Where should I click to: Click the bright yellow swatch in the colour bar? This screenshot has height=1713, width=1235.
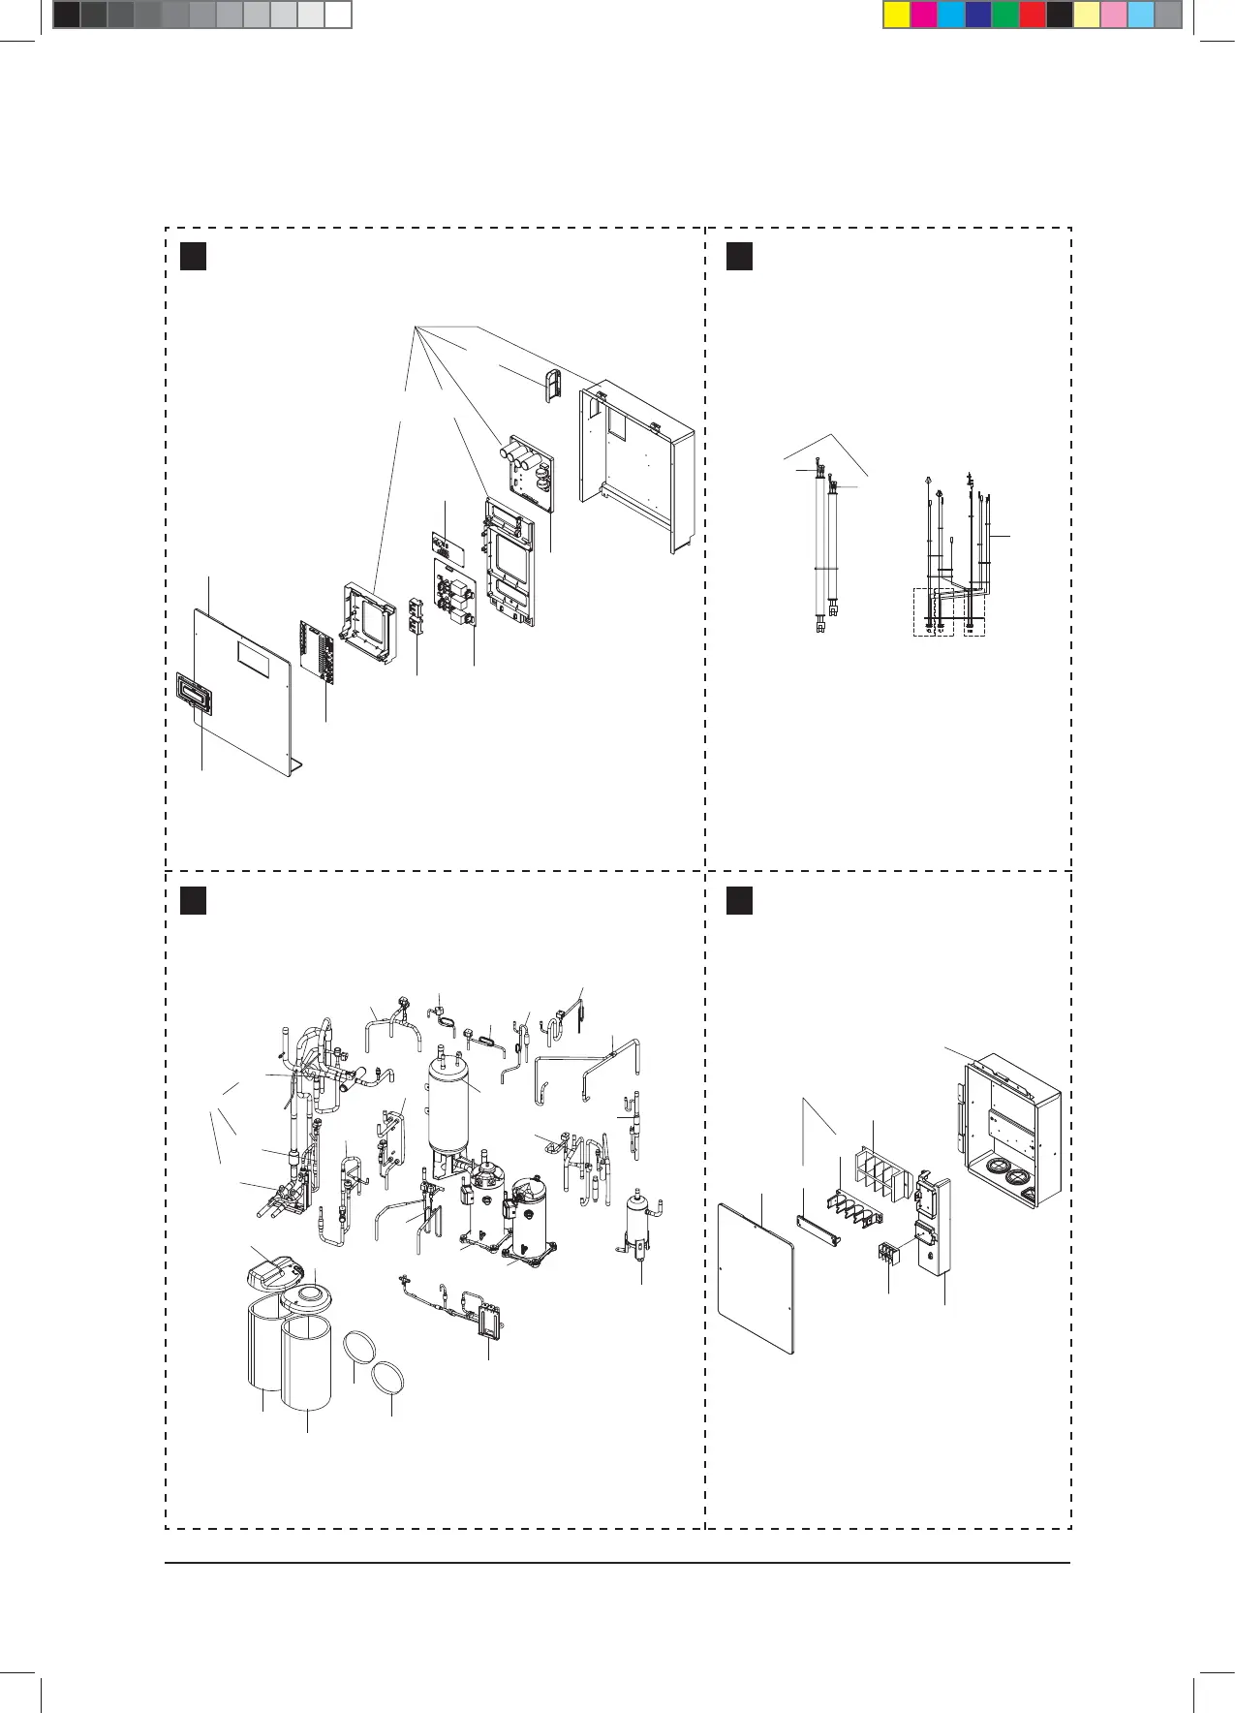[x=896, y=15]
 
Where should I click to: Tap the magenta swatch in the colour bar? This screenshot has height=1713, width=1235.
[x=923, y=15]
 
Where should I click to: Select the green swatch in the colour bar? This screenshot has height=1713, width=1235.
[x=1004, y=15]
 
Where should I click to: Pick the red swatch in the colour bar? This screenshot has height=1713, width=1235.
[x=1032, y=15]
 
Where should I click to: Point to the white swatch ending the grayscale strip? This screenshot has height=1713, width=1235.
[x=336, y=15]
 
